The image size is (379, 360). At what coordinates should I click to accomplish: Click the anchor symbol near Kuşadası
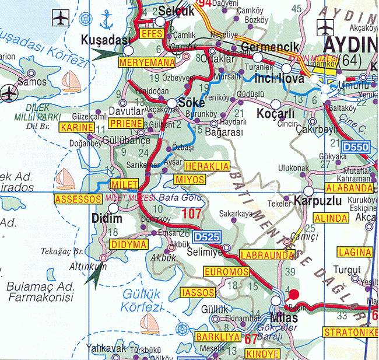pos(106,21)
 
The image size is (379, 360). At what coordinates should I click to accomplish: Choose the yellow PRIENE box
pos(126,123)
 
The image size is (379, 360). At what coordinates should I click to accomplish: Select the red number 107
pos(191,214)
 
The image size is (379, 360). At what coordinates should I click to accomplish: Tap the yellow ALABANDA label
pos(349,188)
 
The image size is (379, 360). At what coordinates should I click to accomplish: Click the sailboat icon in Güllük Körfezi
pos(150,321)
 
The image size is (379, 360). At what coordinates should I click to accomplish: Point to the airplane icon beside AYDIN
pos(325,27)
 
